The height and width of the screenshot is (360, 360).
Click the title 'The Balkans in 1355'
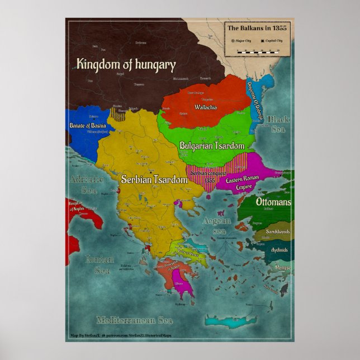click(x=257, y=27)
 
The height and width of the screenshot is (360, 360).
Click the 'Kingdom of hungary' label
click(x=126, y=65)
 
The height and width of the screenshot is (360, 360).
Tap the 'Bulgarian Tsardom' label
click(x=212, y=145)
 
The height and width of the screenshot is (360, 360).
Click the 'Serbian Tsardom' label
click(x=154, y=179)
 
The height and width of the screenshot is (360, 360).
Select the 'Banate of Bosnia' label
click(x=88, y=126)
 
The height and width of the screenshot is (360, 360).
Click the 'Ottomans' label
click(x=273, y=202)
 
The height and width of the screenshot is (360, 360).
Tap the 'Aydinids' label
click(x=280, y=250)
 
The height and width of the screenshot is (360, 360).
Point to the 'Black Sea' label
click(x=278, y=124)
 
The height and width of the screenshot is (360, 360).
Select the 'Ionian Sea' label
click(x=100, y=264)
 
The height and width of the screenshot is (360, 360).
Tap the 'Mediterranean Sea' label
click(x=134, y=320)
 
